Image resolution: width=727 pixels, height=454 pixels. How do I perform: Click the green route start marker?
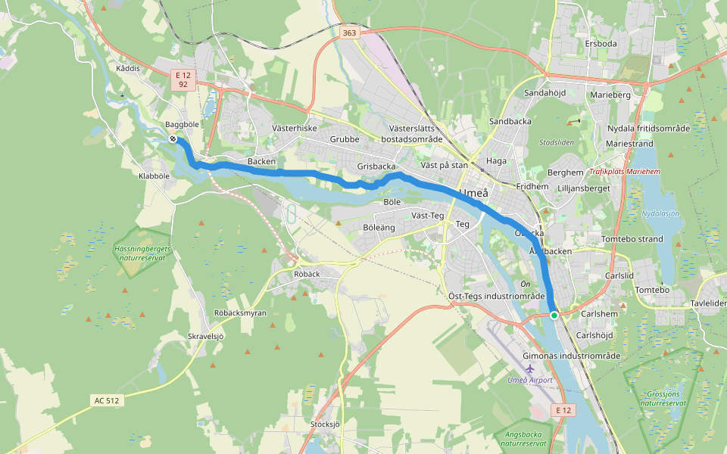pyautogui.click(x=554, y=315)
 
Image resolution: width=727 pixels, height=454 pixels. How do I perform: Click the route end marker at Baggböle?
pyautogui.click(x=173, y=138)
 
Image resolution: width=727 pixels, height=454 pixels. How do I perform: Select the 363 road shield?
pyautogui.click(x=349, y=33)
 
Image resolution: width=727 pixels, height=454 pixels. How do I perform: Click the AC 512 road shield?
pyautogui.click(x=108, y=400)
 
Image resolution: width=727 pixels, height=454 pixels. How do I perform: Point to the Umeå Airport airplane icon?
pyautogui.click(x=530, y=368)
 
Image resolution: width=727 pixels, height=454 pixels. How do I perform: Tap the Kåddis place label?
pyautogui.click(x=128, y=68)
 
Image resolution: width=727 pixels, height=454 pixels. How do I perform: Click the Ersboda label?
pyautogui.click(x=601, y=44)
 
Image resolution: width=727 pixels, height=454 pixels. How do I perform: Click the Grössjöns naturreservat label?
pyautogui.click(x=662, y=399)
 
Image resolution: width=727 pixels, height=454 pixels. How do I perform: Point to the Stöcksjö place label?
pyautogui.click(x=326, y=424)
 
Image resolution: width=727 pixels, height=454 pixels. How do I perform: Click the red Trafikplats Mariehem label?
pyautogui.click(x=625, y=172)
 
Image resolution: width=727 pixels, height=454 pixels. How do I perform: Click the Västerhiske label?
pyautogui.click(x=294, y=129)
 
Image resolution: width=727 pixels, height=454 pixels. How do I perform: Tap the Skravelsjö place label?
pyautogui.click(x=206, y=335)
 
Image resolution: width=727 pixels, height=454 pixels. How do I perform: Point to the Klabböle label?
pyautogui.click(x=154, y=175)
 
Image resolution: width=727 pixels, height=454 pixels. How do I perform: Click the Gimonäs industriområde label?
pyautogui.click(x=572, y=356)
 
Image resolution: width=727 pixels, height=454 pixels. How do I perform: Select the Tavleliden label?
pyautogui.click(x=709, y=303)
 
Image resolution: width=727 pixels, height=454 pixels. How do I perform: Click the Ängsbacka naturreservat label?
pyautogui.click(x=522, y=439)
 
